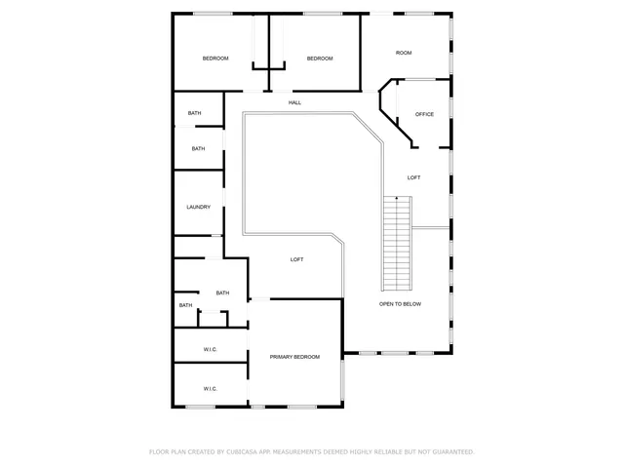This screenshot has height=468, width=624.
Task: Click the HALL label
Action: [294, 102]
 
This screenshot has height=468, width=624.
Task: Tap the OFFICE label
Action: [424, 114]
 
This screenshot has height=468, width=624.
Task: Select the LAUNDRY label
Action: [199, 207]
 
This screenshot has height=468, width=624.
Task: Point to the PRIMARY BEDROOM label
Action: [294, 357]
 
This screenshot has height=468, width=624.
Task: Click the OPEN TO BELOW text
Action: [400, 304]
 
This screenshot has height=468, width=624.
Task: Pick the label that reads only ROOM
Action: [404, 53]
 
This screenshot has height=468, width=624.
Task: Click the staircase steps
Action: [398, 243]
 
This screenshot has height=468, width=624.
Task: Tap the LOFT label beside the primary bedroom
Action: [296, 259]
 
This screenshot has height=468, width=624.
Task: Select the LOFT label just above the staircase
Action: [414, 177]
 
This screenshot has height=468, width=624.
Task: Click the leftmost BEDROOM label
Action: [215, 58]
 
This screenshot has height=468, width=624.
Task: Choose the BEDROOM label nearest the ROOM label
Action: [320, 58]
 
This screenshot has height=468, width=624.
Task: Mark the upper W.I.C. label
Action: [210, 349]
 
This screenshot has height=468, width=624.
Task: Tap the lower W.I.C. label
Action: [210, 389]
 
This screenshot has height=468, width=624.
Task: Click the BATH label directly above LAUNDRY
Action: [198, 148]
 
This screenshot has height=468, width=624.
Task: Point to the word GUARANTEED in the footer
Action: [450, 452]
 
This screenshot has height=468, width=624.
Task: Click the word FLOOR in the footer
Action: [159, 452]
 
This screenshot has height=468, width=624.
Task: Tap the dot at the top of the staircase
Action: [397, 198]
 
